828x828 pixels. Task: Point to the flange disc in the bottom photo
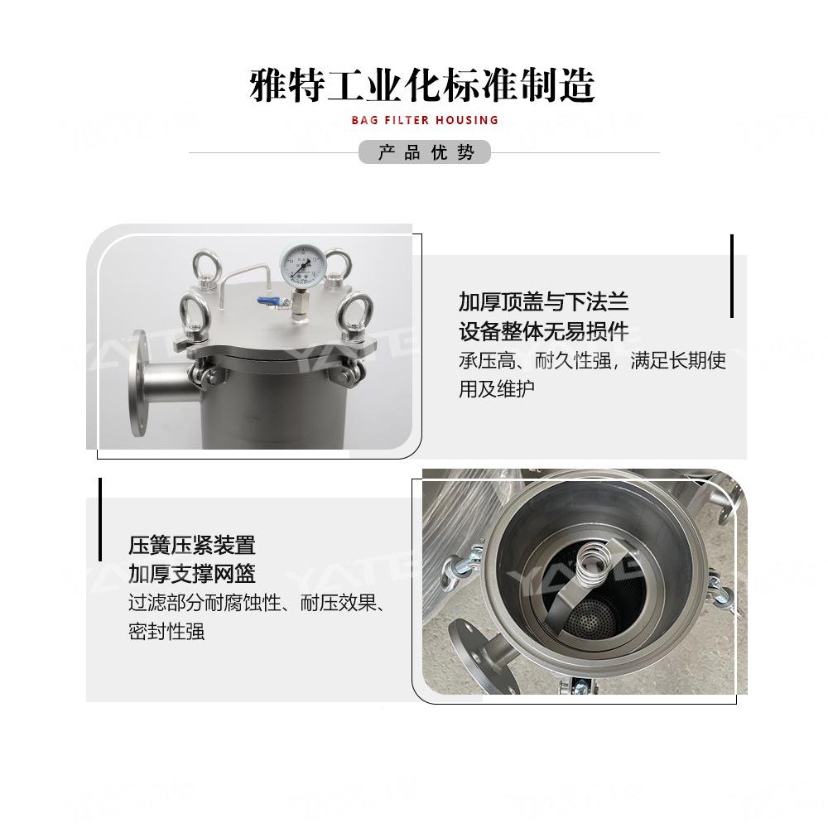point(469,654)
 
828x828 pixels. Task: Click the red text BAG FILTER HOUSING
point(425,120)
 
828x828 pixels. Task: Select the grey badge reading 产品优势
point(426,152)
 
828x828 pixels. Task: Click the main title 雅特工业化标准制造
point(422,85)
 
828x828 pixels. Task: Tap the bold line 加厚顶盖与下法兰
point(550,301)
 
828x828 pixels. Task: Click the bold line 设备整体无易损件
point(543,331)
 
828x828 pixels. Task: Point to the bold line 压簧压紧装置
point(192,545)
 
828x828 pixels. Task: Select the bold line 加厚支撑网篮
point(192,573)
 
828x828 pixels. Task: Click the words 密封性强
point(166,631)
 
